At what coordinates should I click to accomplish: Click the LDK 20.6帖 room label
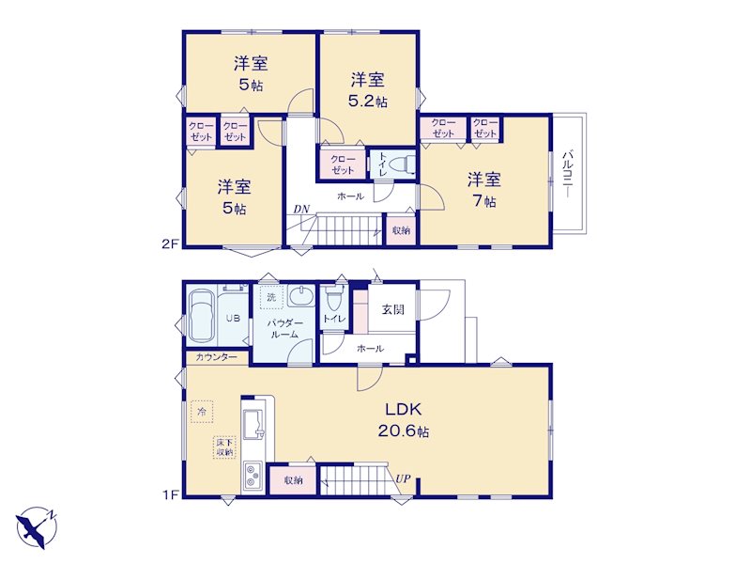tap(404, 420)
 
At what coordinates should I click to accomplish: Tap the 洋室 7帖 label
tap(484, 190)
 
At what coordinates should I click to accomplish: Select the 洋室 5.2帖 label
tap(368, 89)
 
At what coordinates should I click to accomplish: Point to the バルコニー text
tap(568, 173)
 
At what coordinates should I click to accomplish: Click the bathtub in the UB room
tap(202, 316)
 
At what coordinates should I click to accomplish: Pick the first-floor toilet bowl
tap(334, 299)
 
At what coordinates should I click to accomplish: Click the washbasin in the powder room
tap(301, 296)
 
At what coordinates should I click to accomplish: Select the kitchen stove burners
tap(253, 476)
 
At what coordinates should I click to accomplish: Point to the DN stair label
tap(301, 209)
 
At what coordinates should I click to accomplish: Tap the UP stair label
tap(403, 478)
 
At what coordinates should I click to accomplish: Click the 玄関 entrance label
tap(392, 309)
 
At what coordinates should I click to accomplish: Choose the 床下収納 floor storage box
tap(224, 446)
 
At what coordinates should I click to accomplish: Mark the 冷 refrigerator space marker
tap(202, 411)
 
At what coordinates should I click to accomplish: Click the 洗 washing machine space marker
tap(271, 297)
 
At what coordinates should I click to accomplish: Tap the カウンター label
tap(216, 357)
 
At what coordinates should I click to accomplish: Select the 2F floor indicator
tap(170, 243)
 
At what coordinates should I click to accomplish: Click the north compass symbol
tap(37, 527)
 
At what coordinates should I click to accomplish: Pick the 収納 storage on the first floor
tap(293, 479)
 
